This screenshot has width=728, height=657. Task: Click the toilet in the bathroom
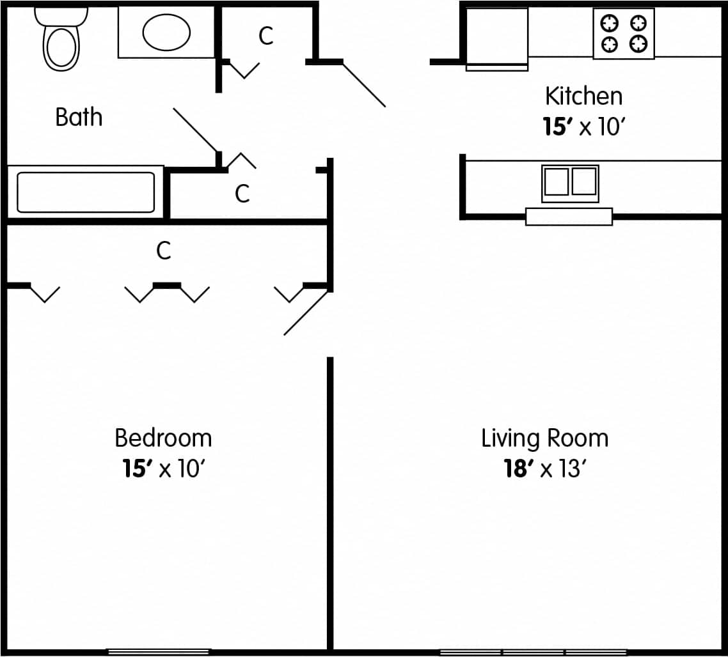click(61, 41)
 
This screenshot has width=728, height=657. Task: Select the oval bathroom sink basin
click(166, 32)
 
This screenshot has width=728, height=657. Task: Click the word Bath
click(79, 118)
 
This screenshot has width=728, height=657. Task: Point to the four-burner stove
click(623, 34)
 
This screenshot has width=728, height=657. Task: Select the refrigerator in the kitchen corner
click(496, 37)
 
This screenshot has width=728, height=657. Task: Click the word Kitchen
click(583, 97)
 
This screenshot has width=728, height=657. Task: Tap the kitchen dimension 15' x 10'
click(583, 127)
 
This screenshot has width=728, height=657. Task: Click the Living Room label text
click(544, 438)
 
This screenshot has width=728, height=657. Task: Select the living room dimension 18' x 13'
click(544, 469)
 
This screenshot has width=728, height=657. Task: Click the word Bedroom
click(163, 438)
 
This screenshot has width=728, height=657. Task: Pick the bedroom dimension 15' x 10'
click(163, 469)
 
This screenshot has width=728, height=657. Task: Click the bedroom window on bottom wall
click(158, 651)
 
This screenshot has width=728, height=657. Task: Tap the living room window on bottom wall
click(533, 652)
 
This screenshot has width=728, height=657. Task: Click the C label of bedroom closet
click(164, 251)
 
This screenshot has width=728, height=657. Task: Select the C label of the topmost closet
click(266, 36)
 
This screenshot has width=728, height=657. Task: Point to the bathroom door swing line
click(196, 130)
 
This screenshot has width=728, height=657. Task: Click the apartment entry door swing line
click(363, 84)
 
